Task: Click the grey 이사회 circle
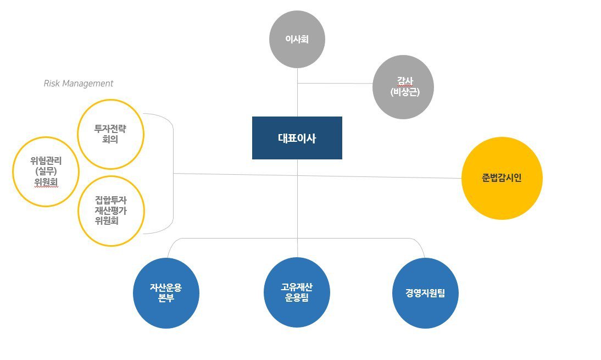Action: (x=297, y=40)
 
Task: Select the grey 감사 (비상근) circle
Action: (x=403, y=88)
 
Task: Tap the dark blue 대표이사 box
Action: (x=297, y=138)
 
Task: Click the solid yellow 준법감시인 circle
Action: (x=502, y=178)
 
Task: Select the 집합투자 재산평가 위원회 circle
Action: (x=110, y=211)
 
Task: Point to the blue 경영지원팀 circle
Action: (x=426, y=293)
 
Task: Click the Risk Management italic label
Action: (x=78, y=84)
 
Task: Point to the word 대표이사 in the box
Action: (x=297, y=139)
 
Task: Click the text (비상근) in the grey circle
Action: (x=404, y=93)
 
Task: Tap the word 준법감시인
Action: (x=502, y=178)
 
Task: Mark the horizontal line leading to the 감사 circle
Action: (x=335, y=84)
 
